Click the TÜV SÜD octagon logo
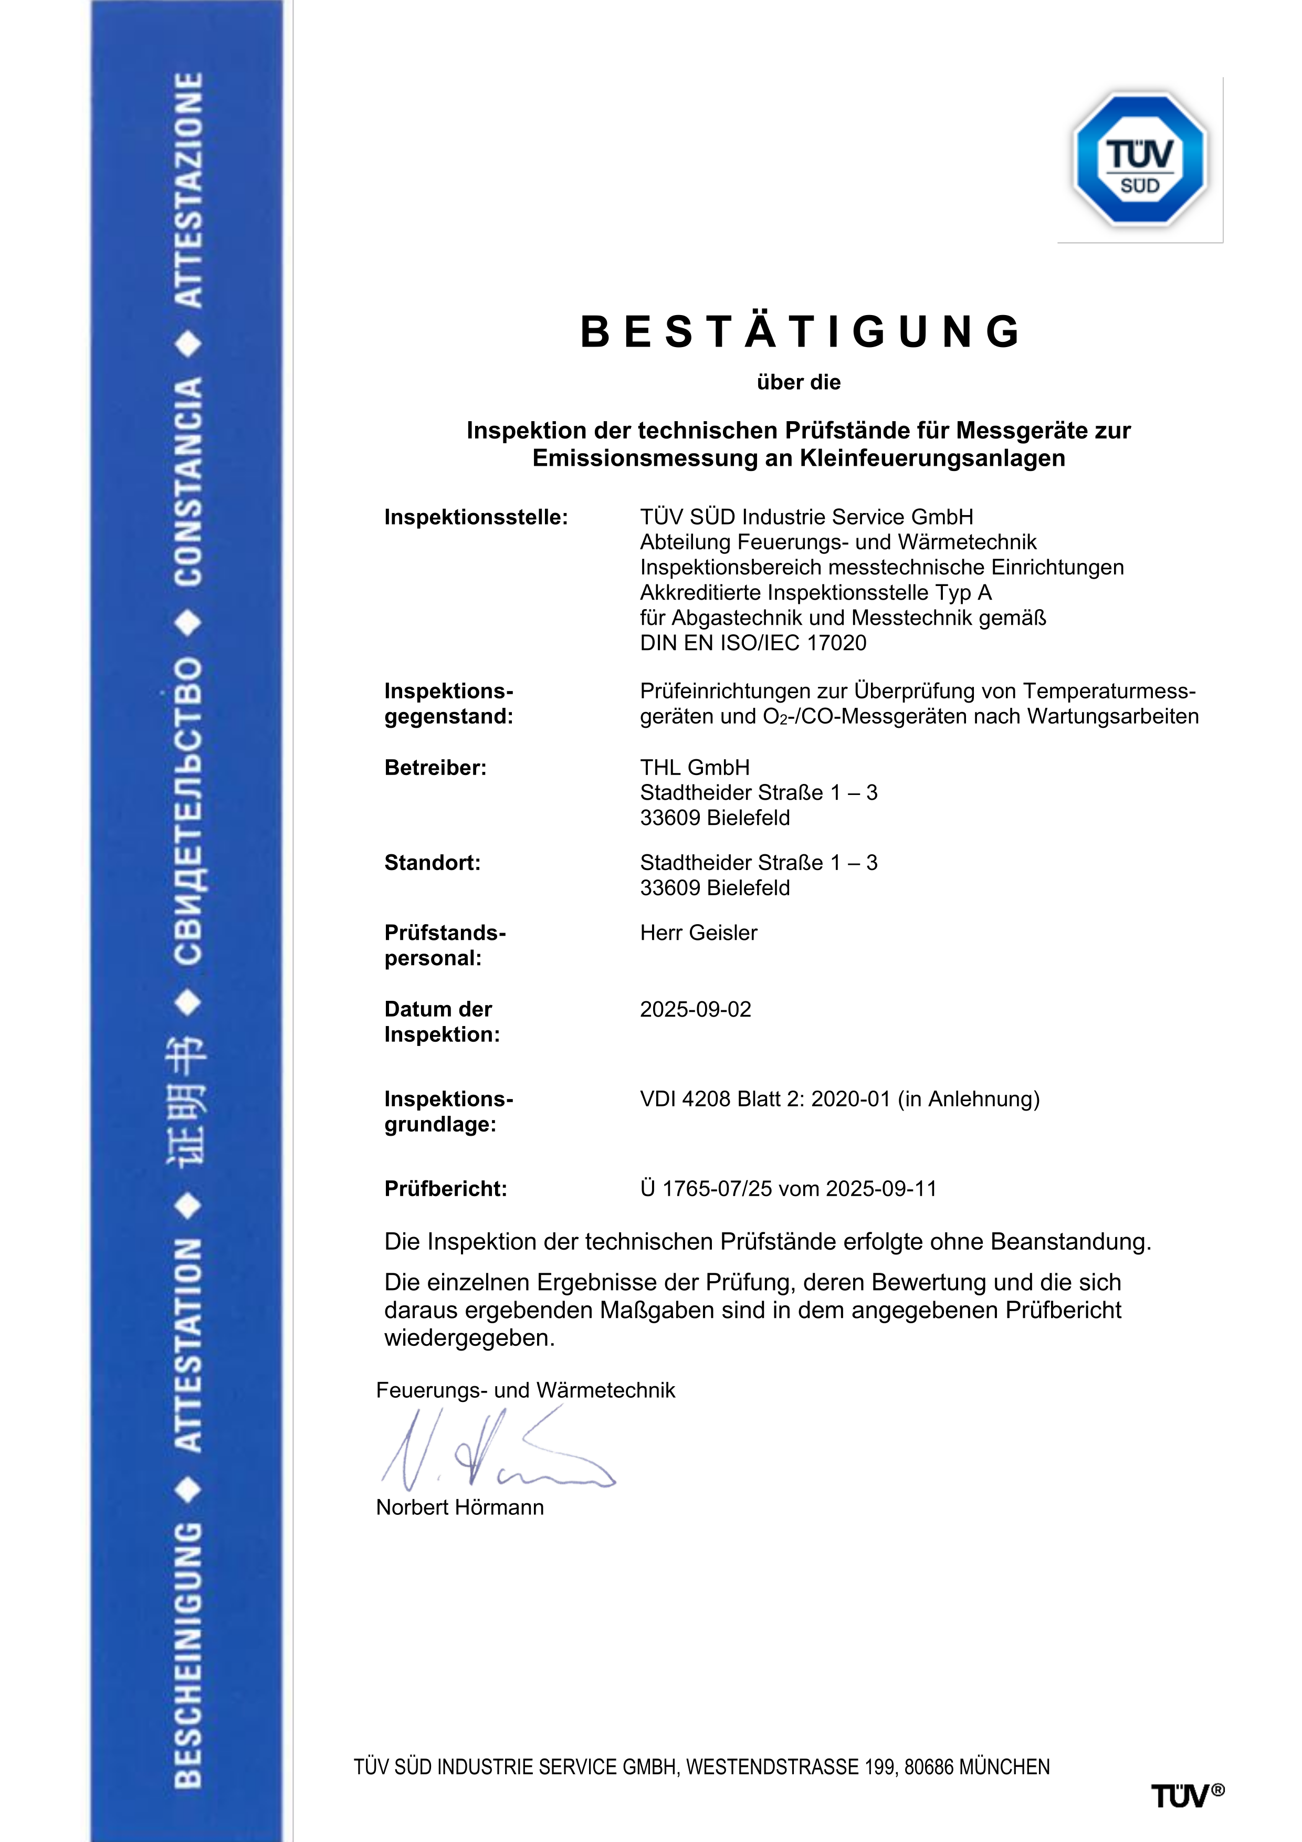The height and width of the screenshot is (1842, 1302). [x=1140, y=159]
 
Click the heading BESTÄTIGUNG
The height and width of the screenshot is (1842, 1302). [x=800, y=331]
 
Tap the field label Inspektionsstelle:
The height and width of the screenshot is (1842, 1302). [x=476, y=517]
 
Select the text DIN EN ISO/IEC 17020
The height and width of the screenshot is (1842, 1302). [x=752, y=643]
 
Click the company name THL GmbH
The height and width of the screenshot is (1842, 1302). [x=695, y=768]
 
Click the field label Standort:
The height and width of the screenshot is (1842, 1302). [x=433, y=862]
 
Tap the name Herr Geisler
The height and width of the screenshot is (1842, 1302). [x=698, y=932]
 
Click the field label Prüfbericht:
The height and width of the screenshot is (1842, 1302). [x=445, y=1188]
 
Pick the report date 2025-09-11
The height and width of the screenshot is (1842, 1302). [x=881, y=1188]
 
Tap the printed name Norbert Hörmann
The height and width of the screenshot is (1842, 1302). [x=460, y=1508]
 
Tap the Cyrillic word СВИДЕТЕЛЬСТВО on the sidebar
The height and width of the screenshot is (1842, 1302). [x=188, y=811]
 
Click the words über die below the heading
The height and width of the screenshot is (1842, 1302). [x=798, y=382]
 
